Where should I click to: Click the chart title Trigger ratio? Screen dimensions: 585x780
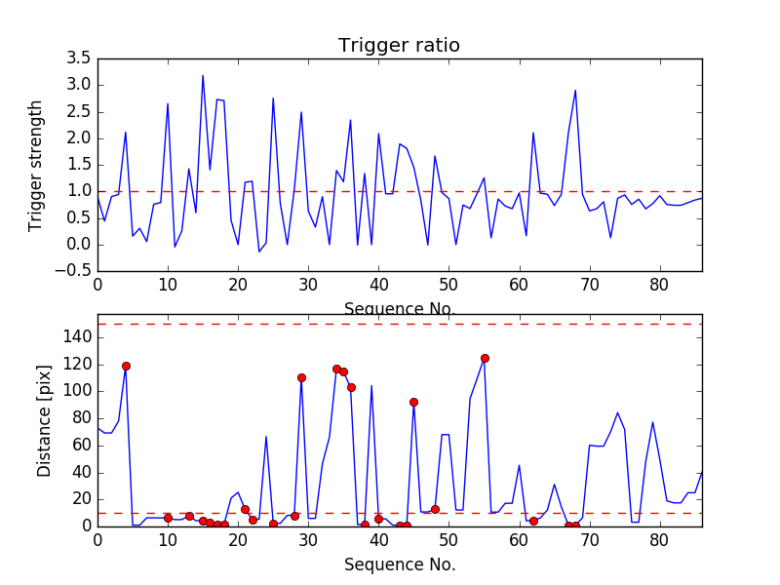click(399, 46)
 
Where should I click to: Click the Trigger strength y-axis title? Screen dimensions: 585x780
click(36, 165)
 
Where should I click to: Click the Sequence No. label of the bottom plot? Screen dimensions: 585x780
click(400, 565)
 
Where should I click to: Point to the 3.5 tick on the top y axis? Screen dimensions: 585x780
click(79, 58)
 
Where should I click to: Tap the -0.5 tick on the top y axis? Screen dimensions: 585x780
click(76, 271)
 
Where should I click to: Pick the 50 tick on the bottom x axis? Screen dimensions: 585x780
click(448, 538)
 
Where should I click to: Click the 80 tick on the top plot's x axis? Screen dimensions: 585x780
click(659, 285)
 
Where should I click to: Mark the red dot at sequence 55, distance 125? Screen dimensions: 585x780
click(485, 358)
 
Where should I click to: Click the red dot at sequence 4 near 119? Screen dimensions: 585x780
click(126, 366)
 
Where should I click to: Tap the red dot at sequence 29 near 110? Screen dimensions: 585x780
click(301, 377)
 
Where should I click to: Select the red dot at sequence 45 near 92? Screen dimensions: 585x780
click(413, 402)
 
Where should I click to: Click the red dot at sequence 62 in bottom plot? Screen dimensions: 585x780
click(533, 521)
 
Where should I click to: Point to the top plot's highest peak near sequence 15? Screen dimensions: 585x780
click(203, 75)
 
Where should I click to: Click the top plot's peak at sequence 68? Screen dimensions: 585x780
click(575, 90)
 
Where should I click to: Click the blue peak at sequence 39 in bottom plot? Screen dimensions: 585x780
click(371, 385)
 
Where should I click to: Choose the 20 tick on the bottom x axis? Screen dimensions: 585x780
click(238, 538)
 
